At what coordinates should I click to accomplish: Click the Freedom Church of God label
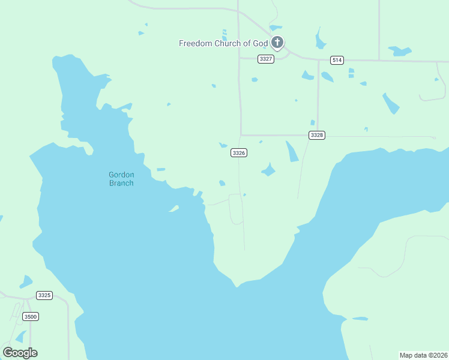click(223, 43)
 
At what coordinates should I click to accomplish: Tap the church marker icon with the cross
click(277, 43)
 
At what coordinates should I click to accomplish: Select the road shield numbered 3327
click(266, 59)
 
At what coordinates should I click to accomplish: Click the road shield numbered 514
click(337, 60)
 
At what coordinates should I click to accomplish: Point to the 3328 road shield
click(317, 136)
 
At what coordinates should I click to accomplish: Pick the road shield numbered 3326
click(239, 153)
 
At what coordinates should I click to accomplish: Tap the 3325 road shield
click(44, 295)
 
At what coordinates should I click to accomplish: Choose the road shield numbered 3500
click(30, 316)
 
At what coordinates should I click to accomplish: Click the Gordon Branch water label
click(121, 179)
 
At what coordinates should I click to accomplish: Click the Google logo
click(20, 353)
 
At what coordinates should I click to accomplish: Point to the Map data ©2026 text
click(424, 355)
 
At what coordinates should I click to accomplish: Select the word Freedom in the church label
click(194, 43)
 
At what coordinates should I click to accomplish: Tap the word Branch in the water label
click(121, 183)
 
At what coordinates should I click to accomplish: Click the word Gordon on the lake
click(121, 175)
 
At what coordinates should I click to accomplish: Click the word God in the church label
click(261, 43)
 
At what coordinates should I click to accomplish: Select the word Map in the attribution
click(406, 355)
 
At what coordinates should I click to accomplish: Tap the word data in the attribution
click(420, 355)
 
